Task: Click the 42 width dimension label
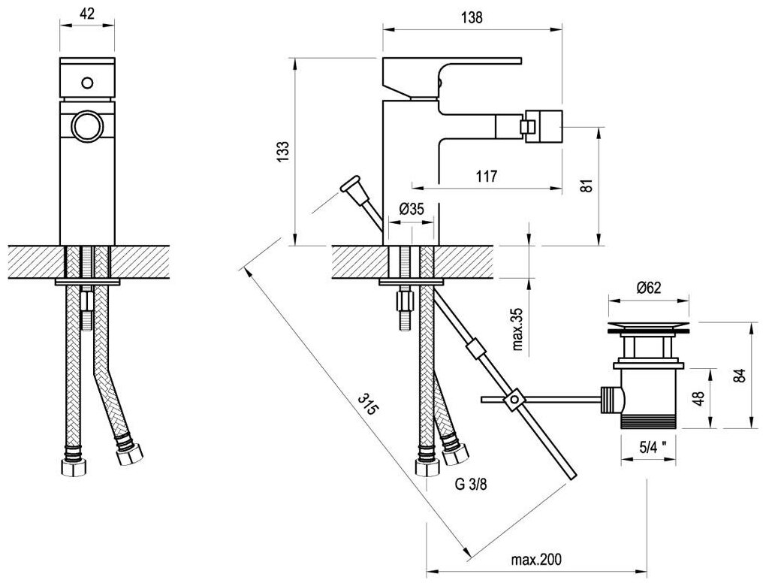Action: coord(86,13)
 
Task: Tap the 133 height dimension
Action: coord(282,151)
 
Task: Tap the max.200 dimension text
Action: coord(537,560)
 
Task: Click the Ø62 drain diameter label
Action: coord(649,287)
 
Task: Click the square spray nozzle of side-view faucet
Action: coord(543,124)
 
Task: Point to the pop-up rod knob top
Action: coord(350,186)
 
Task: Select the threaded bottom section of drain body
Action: coord(650,421)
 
